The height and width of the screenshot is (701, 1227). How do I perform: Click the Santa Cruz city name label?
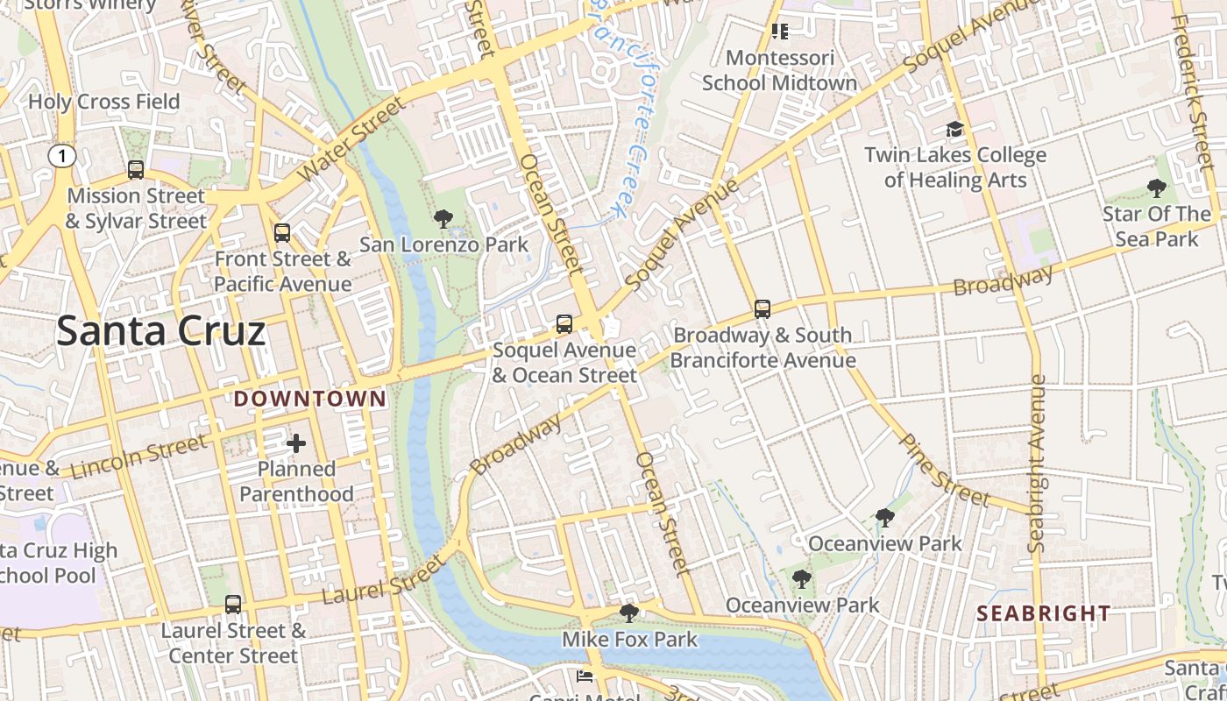(x=160, y=331)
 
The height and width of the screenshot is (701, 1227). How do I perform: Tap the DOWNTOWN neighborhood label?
(x=309, y=400)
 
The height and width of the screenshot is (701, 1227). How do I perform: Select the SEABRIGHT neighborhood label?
(x=1043, y=613)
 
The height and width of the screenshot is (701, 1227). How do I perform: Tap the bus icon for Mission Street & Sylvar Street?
(x=136, y=170)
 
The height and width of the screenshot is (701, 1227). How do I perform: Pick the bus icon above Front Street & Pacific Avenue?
(x=281, y=233)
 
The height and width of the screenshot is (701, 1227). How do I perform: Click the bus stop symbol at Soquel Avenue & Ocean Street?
(x=564, y=324)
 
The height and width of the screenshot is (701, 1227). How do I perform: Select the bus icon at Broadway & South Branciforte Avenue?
(x=762, y=309)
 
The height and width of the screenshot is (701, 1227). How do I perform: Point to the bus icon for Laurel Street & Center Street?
(x=232, y=605)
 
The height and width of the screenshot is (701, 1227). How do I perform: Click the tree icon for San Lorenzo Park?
(x=443, y=219)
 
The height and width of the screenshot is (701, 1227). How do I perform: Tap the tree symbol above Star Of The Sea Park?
(x=1156, y=188)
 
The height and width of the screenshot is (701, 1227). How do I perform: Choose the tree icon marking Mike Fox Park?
(x=628, y=612)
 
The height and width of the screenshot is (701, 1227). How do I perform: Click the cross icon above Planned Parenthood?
(x=296, y=443)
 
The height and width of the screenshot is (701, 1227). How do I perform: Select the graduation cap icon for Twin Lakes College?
(x=954, y=131)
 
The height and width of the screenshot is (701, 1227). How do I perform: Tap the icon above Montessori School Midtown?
(x=779, y=32)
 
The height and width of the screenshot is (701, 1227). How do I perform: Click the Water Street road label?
(x=352, y=140)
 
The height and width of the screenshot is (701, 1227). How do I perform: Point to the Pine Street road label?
(x=945, y=471)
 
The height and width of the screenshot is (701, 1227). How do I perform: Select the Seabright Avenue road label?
(x=1038, y=464)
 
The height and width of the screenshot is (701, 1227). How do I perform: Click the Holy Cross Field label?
(x=103, y=102)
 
